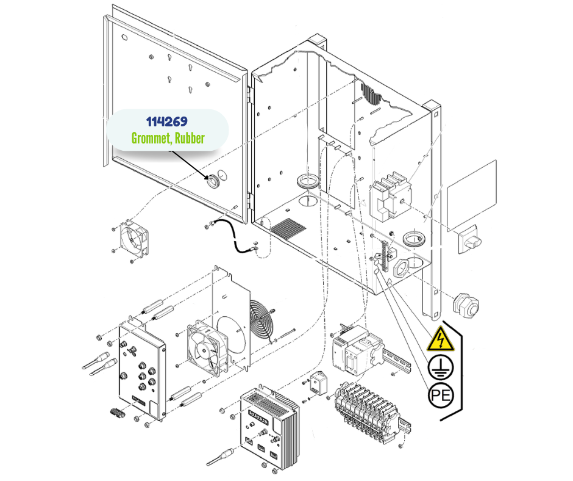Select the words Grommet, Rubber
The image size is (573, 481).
[168, 139]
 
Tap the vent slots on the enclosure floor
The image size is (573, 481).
[288, 229]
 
